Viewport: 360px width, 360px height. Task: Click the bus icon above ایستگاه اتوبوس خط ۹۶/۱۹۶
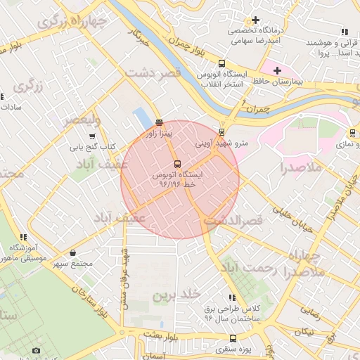click(176, 163)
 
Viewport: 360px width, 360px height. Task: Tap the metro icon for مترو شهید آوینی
click(222, 131)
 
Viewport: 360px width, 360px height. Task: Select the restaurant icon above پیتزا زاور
click(159, 121)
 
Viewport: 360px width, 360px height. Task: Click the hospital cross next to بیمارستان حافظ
click(277, 70)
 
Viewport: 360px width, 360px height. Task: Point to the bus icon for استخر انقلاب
click(222, 63)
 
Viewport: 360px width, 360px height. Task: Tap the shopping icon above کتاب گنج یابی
click(92, 136)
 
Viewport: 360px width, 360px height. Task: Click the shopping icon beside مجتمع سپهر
click(74, 252)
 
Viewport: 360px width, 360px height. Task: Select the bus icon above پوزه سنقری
click(233, 338)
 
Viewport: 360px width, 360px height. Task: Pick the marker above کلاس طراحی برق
click(232, 297)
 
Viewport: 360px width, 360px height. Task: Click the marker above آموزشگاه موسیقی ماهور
click(23, 238)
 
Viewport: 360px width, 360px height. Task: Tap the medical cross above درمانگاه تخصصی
click(255, 20)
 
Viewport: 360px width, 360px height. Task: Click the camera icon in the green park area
click(37, 350)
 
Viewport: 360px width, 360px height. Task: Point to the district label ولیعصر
click(83, 121)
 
